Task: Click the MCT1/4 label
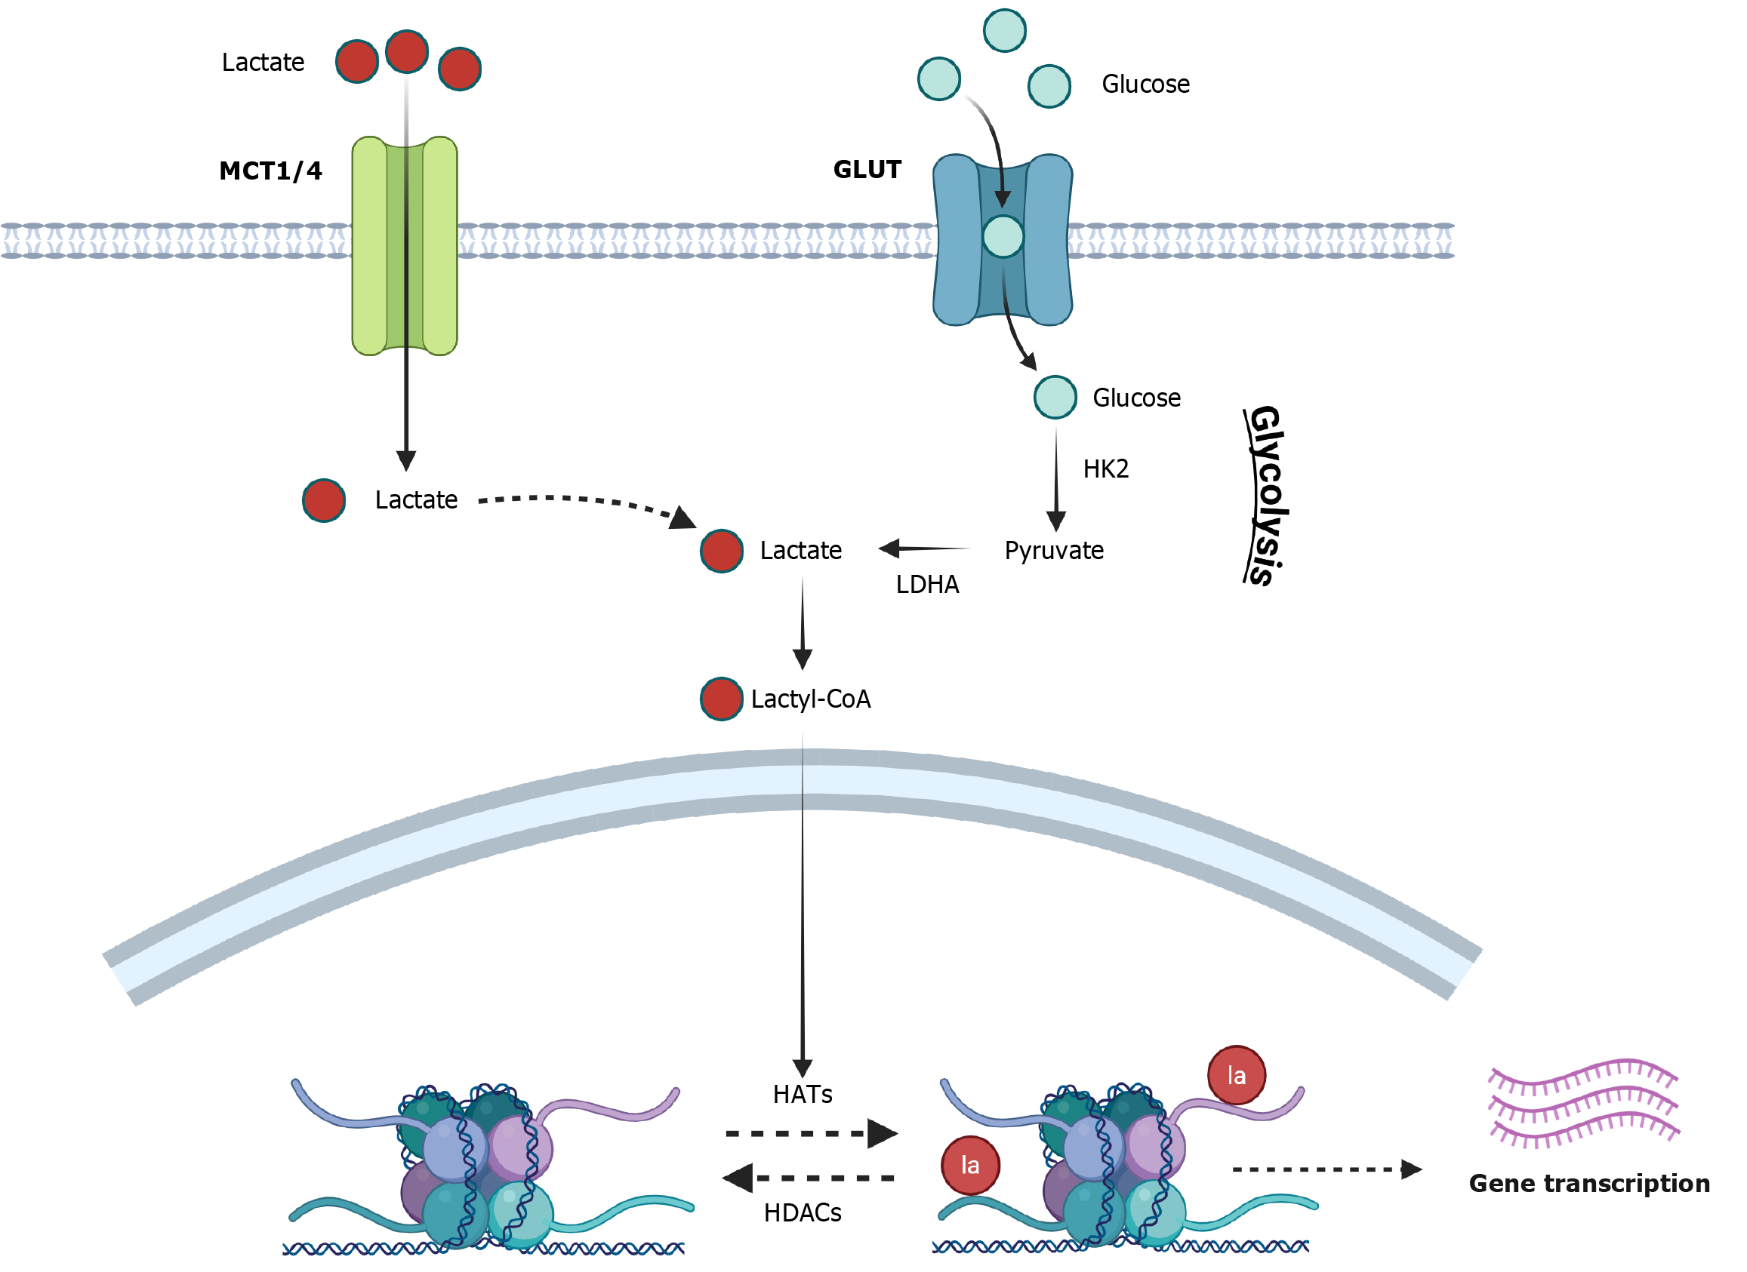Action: (270, 171)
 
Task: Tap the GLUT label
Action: (867, 170)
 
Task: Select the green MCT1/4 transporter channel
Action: (405, 247)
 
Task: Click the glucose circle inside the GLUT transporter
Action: (1003, 236)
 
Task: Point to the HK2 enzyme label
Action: (1105, 469)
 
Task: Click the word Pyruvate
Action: (1054, 551)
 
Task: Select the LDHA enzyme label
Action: (927, 585)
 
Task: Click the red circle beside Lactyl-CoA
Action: (721, 699)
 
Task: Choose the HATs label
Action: (803, 1094)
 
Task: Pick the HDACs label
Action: (803, 1212)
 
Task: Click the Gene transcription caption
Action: (1589, 1184)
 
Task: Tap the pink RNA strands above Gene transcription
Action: (1584, 1102)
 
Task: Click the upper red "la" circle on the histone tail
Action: (1237, 1075)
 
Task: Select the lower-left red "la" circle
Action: (971, 1165)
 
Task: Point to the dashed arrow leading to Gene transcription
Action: (1325, 1169)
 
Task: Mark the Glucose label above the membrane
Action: (1145, 84)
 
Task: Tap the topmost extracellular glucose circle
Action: (1004, 31)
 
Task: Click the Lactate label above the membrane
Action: (263, 63)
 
